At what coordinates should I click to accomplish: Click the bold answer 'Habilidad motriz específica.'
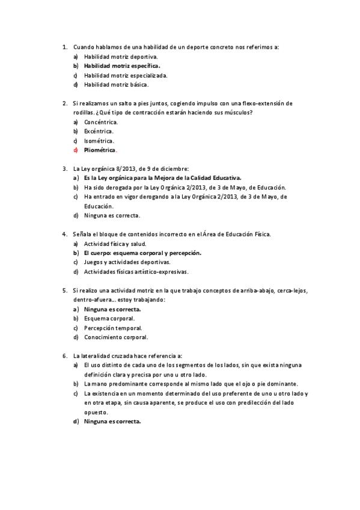[122, 66]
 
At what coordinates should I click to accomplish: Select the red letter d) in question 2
[76, 150]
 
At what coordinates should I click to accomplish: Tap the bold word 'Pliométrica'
[100, 150]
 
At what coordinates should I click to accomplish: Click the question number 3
[64, 168]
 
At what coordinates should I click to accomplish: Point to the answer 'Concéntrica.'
[101, 121]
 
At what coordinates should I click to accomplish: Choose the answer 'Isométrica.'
[99, 140]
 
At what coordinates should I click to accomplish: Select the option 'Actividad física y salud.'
[115, 244]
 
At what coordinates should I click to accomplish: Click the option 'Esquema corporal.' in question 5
[109, 318]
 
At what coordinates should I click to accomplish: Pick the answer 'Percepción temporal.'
[113, 328]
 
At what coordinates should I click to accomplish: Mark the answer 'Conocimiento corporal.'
[116, 337]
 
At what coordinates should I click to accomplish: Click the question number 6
[64, 356]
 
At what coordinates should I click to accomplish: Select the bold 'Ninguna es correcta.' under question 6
[112, 422]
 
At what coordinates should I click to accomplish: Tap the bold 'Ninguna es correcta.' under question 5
[112, 309]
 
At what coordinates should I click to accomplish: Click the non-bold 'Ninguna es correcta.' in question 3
[112, 215]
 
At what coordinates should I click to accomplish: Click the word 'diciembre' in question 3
[174, 168]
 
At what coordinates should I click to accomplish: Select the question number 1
[64, 47]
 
